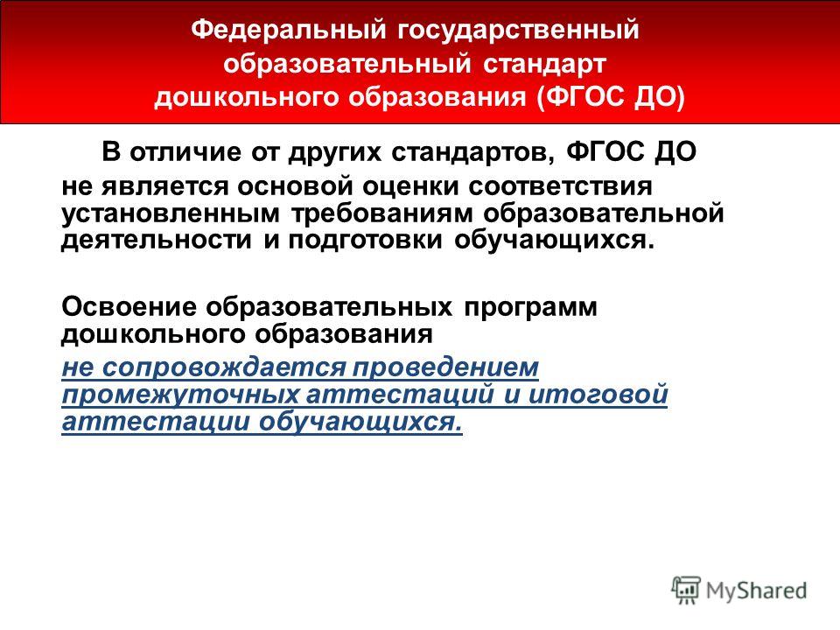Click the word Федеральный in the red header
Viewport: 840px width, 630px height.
(x=288, y=30)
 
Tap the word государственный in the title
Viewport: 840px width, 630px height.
(x=518, y=31)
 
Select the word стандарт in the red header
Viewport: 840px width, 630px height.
(x=545, y=64)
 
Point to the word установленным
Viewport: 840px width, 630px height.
(x=171, y=214)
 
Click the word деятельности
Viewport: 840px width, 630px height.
(x=157, y=241)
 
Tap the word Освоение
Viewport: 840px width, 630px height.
(x=129, y=307)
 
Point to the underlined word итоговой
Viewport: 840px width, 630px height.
(x=598, y=395)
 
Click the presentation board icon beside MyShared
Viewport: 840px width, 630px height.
(x=686, y=591)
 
